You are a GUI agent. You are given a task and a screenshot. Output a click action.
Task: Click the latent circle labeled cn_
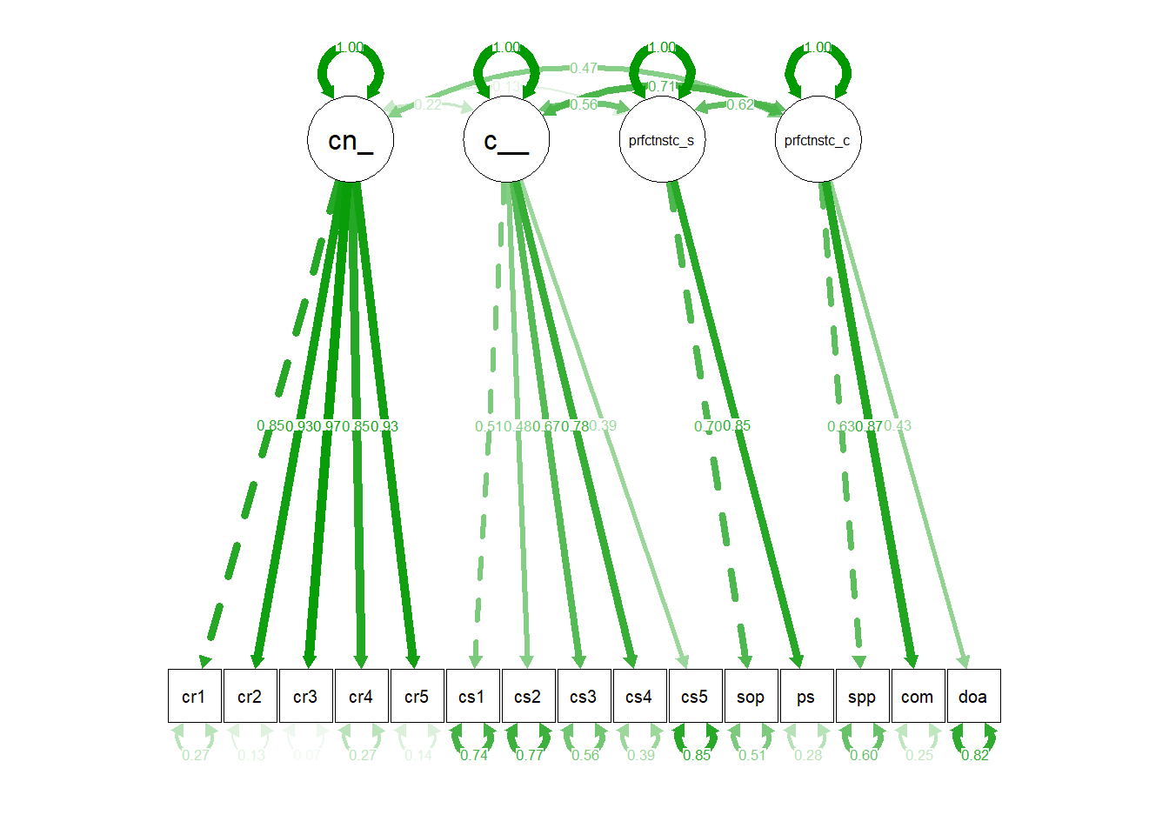pos(351,139)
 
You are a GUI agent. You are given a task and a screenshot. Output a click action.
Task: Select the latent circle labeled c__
pos(506,139)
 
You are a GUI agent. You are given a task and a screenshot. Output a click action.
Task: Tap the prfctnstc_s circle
pos(662,139)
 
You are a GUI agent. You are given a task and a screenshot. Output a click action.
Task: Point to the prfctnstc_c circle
pos(818,139)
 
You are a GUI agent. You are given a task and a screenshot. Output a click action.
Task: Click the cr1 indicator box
pos(194,696)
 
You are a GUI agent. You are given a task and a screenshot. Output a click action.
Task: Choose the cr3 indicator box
pos(305,696)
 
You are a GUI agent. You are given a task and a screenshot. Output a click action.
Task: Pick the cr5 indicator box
pos(417,696)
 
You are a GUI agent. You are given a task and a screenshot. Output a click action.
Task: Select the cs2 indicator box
pos(528,696)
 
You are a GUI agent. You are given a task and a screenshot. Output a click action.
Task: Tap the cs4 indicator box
pos(639,696)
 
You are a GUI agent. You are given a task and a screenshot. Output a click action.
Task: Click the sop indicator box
pos(751,696)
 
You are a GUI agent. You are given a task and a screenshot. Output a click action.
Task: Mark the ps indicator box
pos(806,696)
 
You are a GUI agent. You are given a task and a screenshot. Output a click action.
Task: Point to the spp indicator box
pos(862,696)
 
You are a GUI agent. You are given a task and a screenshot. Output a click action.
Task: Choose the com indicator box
pos(918,696)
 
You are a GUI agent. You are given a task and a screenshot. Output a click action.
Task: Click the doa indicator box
pos(973,696)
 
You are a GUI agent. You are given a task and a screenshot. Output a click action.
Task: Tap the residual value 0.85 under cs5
pos(697,755)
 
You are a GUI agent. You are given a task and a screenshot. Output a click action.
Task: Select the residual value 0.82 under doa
pos(975,755)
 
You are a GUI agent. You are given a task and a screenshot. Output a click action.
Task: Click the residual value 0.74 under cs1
pos(474,755)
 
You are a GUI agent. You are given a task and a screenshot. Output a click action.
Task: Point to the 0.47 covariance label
pos(584,68)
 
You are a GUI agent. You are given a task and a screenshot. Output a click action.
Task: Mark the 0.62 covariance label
pos(740,104)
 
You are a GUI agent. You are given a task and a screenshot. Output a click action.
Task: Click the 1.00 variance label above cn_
pos(350,47)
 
